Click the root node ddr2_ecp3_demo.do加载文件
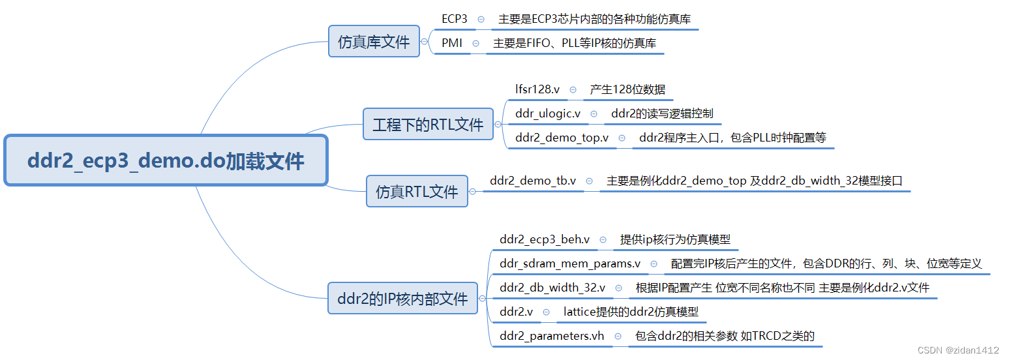166,160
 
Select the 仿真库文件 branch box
374,41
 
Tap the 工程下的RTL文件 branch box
428,124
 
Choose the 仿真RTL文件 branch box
417,191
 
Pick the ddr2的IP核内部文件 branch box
402,298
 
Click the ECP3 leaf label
455,19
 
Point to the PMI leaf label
452,43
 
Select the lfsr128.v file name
537,89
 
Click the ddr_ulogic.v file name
548,113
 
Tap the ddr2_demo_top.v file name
562,138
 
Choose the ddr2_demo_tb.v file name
533,181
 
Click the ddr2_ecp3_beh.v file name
545,239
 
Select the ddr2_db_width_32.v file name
552,288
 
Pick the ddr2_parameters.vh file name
552,336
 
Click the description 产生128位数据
627,89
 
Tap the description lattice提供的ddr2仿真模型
631,312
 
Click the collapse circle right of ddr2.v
546,312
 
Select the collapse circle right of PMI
475,44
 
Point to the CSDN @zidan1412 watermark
957,350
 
